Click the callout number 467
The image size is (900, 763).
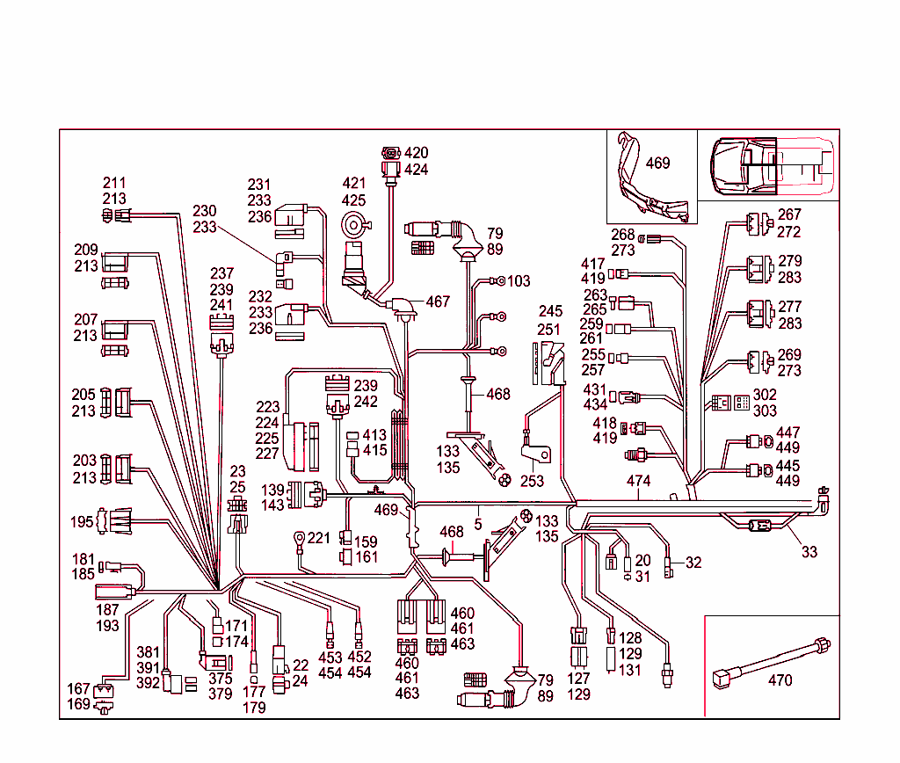point(438,302)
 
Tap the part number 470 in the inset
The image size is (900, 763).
point(780,679)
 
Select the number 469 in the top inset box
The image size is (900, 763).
point(657,163)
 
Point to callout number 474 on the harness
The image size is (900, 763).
point(638,481)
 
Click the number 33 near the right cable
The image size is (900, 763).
point(809,552)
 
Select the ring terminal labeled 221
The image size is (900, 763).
point(300,536)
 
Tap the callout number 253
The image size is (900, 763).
point(532,481)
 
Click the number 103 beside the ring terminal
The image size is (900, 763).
point(519,281)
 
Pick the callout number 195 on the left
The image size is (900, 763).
point(83,522)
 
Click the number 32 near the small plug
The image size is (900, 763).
point(693,563)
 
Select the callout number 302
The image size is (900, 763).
point(765,396)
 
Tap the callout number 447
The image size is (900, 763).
point(788,433)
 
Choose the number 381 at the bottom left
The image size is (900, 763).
point(149,652)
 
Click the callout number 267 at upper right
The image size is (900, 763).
point(789,214)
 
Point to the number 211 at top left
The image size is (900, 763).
point(114,184)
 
